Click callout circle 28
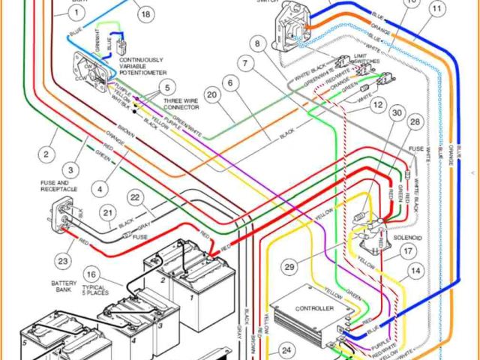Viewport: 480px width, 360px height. pos(415,121)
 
